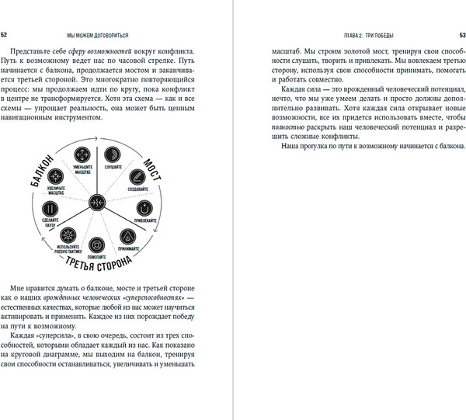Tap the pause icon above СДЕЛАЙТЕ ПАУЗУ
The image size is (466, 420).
pos(50,210)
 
